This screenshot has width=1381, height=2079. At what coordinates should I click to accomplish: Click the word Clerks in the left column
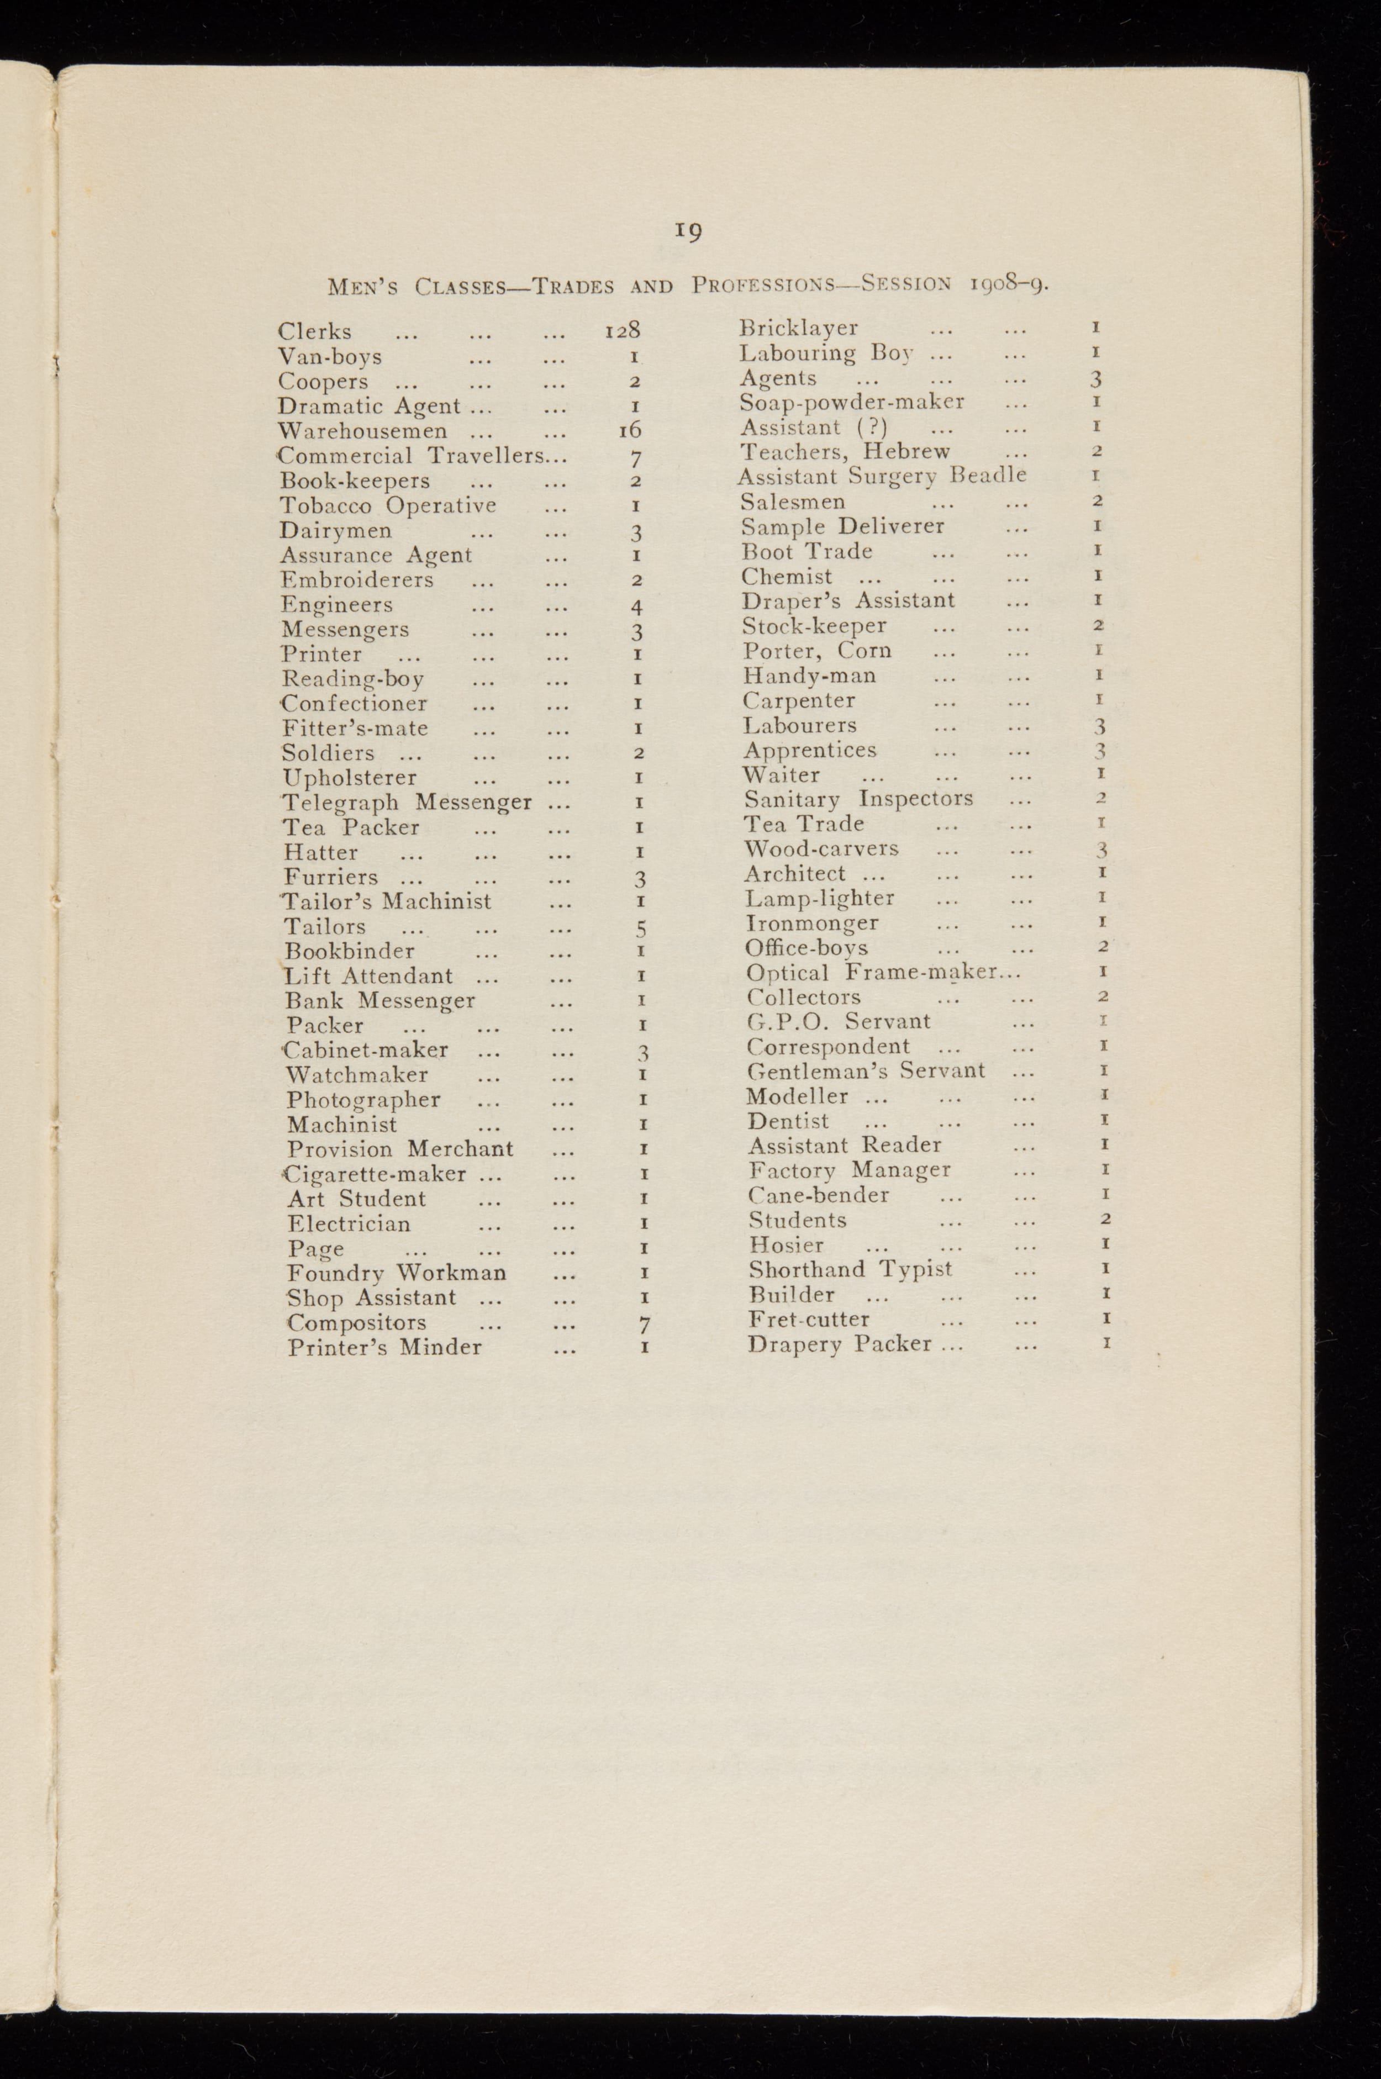tap(314, 332)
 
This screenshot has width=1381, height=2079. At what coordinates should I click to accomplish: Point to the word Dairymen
tap(335, 531)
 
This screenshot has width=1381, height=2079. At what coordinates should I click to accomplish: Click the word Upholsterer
tap(350, 778)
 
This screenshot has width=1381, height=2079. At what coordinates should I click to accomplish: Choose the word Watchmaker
tap(357, 1075)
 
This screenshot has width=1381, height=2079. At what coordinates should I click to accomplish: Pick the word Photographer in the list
tap(363, 1100)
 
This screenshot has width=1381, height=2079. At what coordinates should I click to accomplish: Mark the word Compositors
tap(357, 1323)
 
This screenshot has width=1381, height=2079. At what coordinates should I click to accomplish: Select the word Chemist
tap(787, 577)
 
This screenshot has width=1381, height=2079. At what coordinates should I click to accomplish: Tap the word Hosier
tap(787, 1245)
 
